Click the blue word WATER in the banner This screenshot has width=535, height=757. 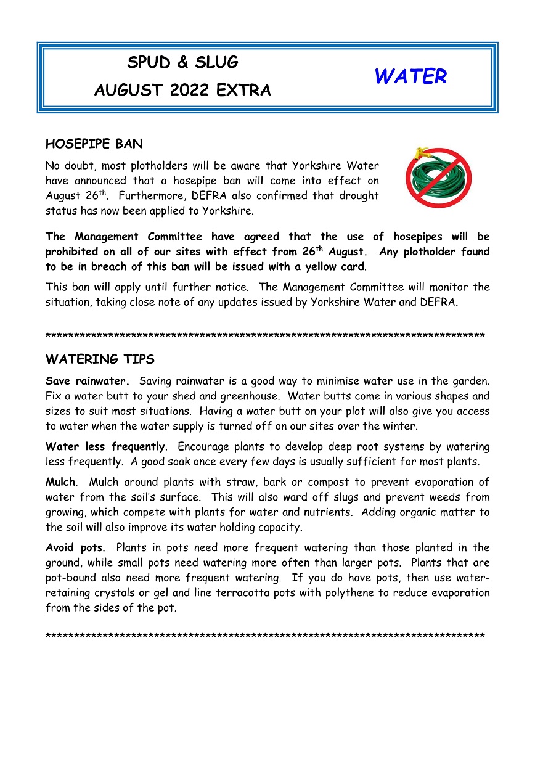pos(410,77)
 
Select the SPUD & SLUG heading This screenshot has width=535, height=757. pos(182,62)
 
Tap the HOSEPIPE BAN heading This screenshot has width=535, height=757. pos(94,144)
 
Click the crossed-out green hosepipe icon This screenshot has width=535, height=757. pos(438,178)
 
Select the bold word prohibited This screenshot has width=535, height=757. pos(78,252)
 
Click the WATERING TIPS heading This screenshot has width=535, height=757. pos(100,359)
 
